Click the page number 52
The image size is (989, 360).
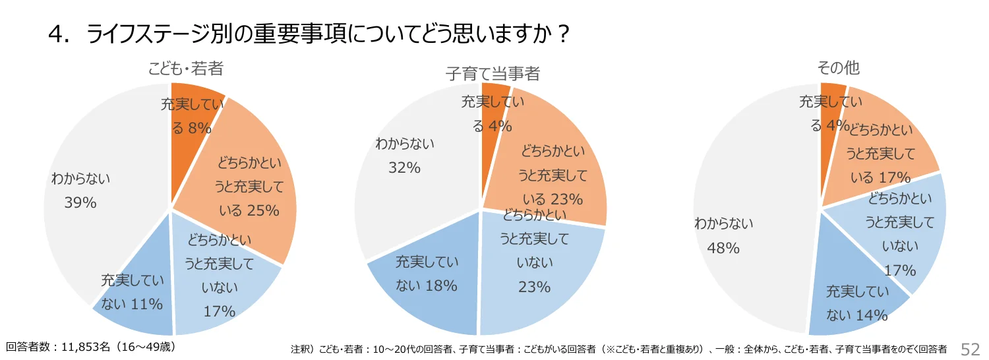971,349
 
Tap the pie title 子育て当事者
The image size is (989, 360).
493,73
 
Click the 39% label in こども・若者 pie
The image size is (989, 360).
80,203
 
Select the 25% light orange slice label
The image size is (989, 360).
248,210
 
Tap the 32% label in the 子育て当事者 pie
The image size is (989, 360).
404,168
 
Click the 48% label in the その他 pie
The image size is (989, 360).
723,248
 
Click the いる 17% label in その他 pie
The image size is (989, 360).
881,177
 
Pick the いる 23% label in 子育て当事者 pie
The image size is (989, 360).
553,198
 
